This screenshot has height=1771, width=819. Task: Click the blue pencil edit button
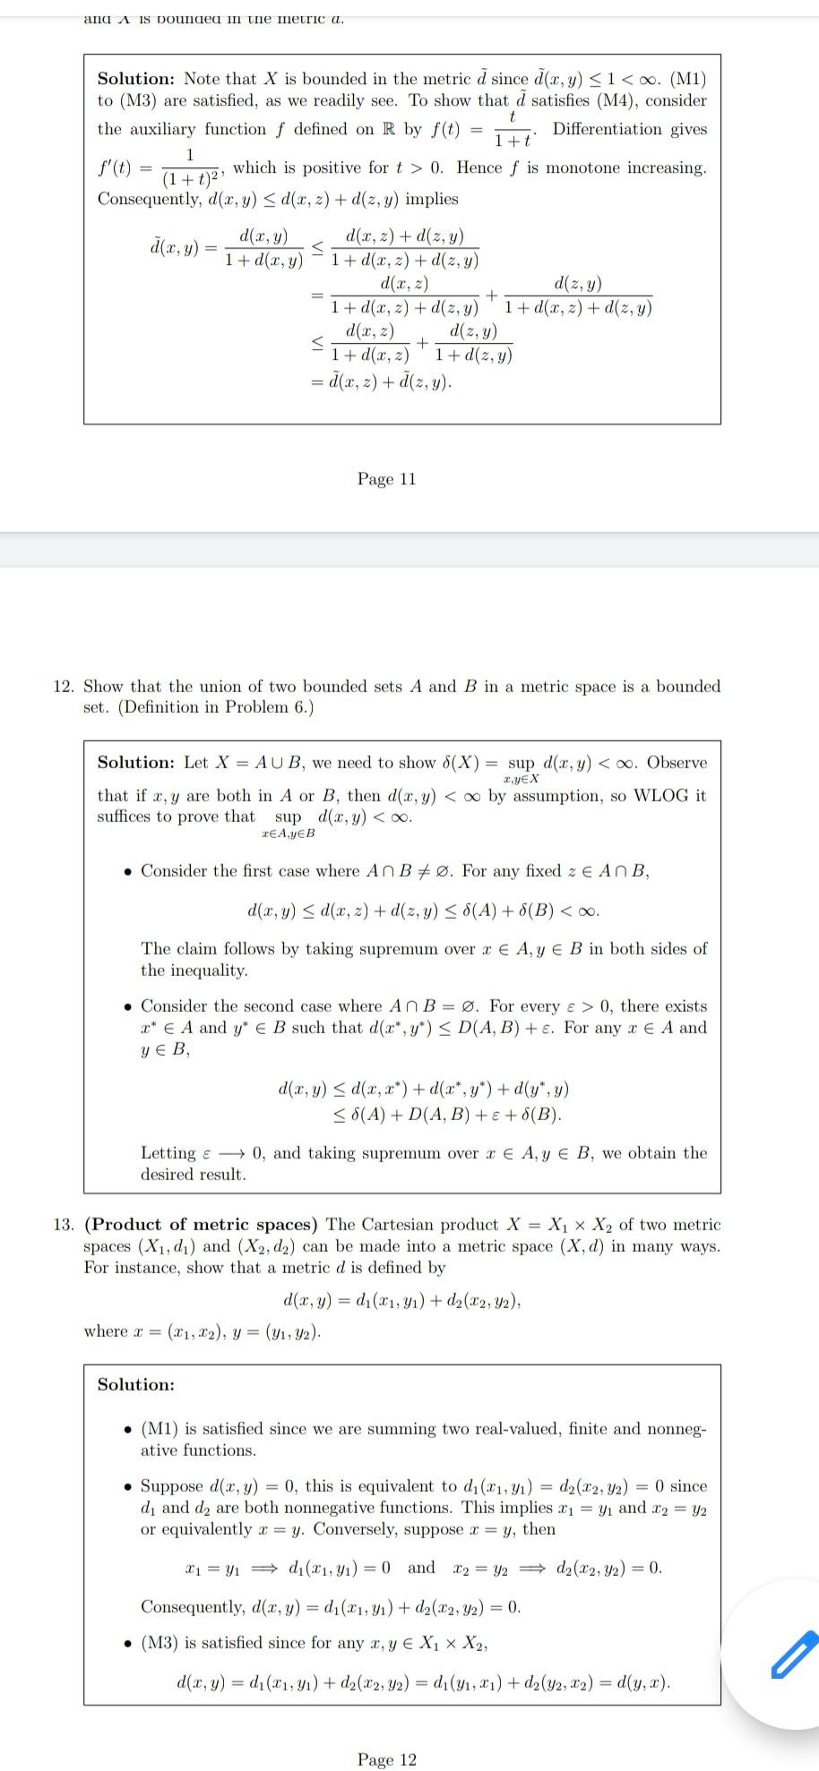794,1654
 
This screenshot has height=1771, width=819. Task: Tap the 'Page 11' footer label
386,479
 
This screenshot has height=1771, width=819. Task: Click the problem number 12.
63,687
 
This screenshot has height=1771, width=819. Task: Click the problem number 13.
63,1225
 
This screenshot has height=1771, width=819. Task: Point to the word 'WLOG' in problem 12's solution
662,795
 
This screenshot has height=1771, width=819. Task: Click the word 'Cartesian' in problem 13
398,1225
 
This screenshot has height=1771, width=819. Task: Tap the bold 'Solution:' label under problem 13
136,1385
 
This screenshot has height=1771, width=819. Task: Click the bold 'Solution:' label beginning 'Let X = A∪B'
136,763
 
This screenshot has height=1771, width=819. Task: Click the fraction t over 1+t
513,130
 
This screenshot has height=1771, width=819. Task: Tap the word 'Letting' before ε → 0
168,1153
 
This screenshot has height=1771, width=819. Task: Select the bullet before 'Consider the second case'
129,1007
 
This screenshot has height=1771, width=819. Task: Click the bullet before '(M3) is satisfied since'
129,1644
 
